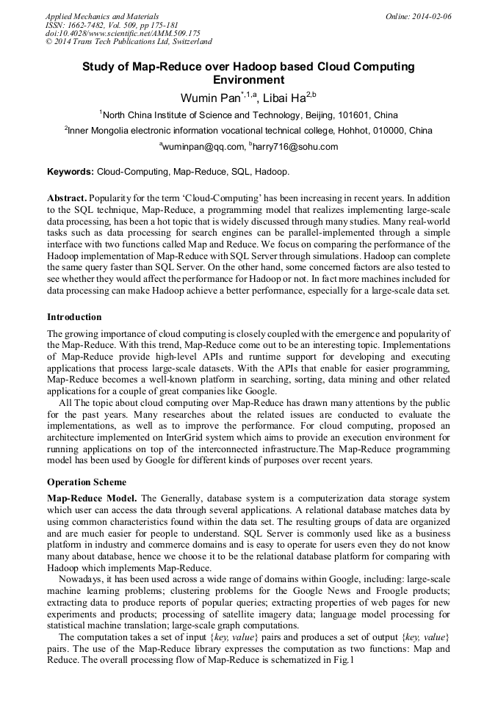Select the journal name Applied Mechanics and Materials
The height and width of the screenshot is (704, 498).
point(102,16)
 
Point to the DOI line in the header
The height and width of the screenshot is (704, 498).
point(123,34)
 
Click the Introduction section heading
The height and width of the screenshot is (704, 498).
point(74,317)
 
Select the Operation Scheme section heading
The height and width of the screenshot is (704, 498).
point(87,482)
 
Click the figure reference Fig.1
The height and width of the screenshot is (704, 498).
point(343,659)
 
